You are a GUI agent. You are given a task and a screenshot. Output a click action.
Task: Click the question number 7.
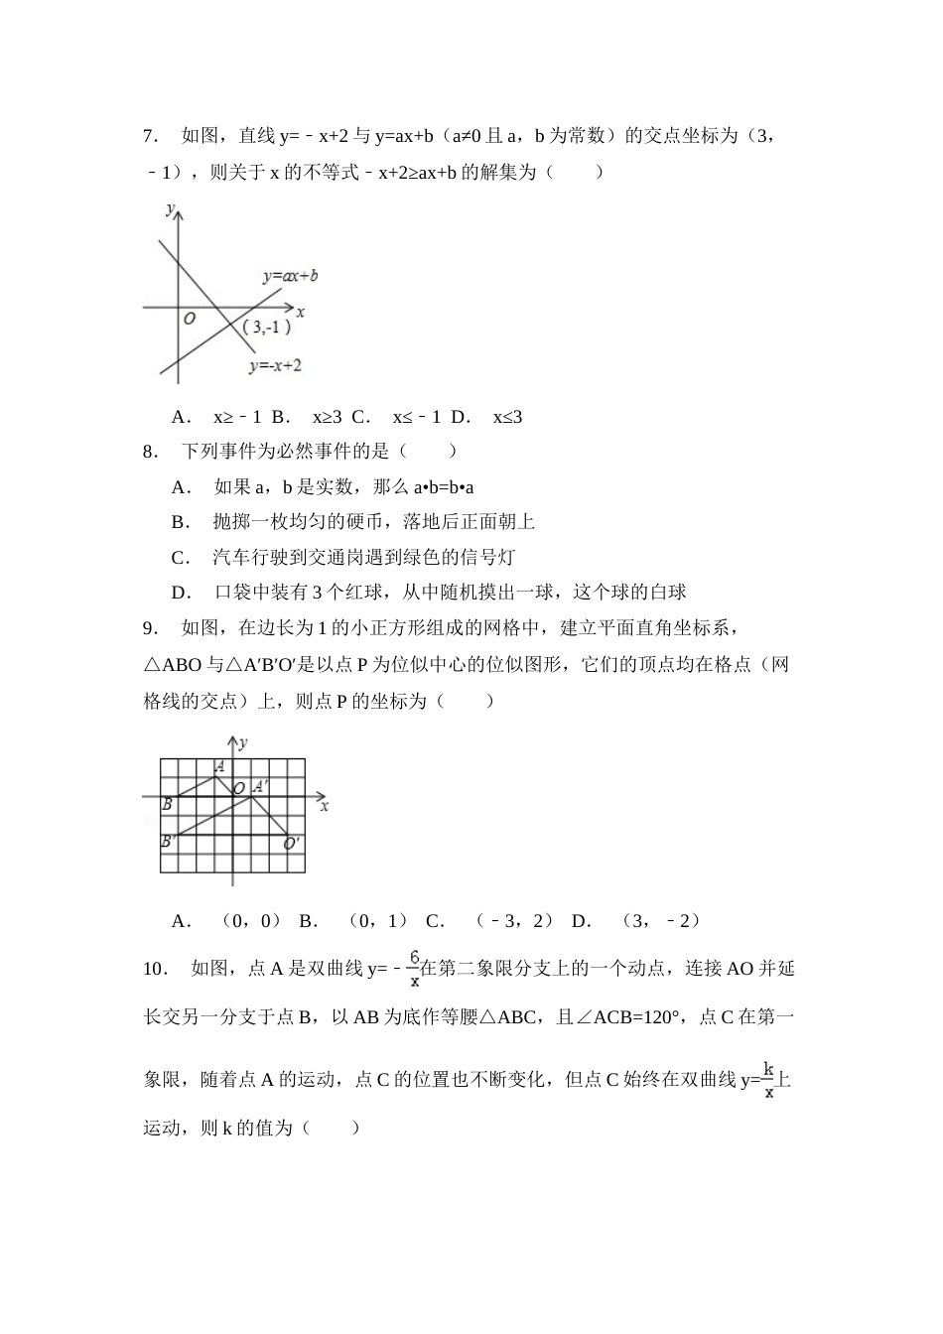[x=151, y=136]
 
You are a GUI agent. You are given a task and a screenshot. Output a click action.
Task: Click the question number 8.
[x=151, y=452]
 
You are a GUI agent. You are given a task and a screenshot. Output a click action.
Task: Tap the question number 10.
[x=154, y=968]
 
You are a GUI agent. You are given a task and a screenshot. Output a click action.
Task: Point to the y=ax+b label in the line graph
[x=290, y=276]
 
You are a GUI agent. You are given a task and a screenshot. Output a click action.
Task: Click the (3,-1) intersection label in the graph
[x=265, y=328]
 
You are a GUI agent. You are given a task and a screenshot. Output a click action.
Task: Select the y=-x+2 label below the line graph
[x=275, y=365]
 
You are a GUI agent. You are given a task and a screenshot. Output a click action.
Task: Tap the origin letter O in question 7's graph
[x=189, y=319]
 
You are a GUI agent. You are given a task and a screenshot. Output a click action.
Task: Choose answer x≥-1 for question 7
[x=236, y=417]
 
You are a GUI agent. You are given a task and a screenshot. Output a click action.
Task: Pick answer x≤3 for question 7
[x=507, y=417]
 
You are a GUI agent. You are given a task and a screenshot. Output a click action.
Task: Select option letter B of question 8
[x=180, y=522]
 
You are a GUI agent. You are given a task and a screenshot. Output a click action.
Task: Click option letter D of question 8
[x=181, y=593]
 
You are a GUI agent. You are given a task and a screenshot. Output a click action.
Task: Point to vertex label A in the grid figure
[x=219, y=766]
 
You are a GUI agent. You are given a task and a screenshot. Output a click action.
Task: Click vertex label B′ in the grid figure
[x=169, y=841]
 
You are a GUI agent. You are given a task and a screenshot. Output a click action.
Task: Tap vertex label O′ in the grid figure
[x=292, y=844]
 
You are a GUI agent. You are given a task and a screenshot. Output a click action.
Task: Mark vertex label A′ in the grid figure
[x=258, y=786]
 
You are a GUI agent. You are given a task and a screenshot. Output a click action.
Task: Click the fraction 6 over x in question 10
[x=414, y=969]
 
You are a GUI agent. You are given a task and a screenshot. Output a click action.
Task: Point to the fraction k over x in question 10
[x=768, y=1080]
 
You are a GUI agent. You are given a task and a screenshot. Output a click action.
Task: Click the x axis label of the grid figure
[x=325, y=806]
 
